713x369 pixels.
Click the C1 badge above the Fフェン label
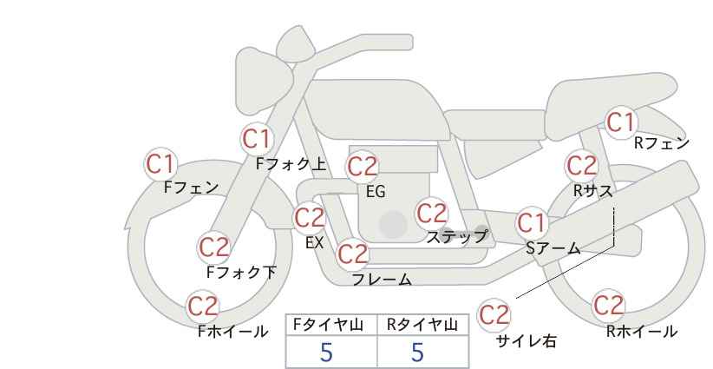[160, 163]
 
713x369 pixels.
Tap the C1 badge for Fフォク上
[258, 138]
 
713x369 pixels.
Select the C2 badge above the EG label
[363, 166]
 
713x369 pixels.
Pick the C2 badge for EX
[310, 217]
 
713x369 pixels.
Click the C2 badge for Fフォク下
[213, 247]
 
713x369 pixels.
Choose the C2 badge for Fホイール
[204, 306]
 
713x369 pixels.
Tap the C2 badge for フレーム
[353, 254]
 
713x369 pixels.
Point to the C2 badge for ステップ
[432, 213]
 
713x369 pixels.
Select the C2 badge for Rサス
[581, 164]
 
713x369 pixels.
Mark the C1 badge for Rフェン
[620, 122]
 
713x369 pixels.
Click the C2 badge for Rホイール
[608, 306]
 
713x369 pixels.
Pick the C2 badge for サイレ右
[494, 314]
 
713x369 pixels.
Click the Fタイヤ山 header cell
[331, 325]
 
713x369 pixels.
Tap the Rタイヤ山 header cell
[422, 325]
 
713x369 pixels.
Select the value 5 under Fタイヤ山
[327, 352]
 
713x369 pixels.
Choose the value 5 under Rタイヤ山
[418, 352]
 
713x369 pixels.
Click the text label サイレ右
[527, 341]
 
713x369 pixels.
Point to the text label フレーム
[382, 280]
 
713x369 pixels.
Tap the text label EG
[376, 192]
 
